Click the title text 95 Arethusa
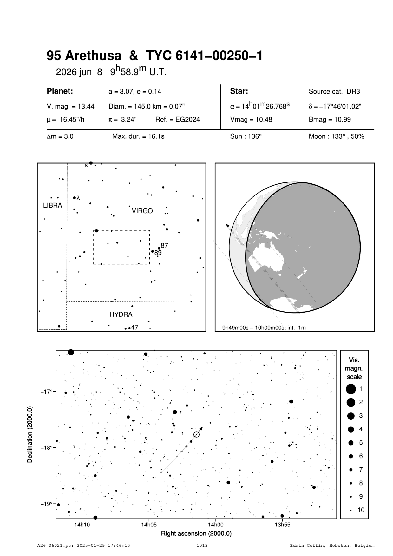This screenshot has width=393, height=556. coord(84,56)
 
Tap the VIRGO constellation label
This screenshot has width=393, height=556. coord(142,211)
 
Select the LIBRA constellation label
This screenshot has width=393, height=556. coord(53,206)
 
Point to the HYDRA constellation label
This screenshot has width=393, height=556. coord(121,314)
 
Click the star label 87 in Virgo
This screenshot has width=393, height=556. coord(164,245)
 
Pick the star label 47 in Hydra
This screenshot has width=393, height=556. coord(134,327)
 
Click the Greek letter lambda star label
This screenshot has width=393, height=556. coord(78,197)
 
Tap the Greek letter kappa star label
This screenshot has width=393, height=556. coord(86,165)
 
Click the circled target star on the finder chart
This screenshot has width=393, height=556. coord(196,434)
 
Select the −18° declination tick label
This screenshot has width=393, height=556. coord(47,447)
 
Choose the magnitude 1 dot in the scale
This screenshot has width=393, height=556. coord(351,388)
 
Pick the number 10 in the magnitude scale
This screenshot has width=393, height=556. coord(361,510)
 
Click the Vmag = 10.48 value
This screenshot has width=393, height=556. coord(251,120)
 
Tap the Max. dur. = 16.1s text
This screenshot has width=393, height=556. coord(138,136)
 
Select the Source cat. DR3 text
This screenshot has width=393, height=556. coord(334,92)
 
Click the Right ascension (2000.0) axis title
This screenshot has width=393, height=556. coord(196,533)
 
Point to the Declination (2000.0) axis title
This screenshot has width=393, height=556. coord(30,434)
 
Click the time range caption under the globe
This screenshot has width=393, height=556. coord(264,328)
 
